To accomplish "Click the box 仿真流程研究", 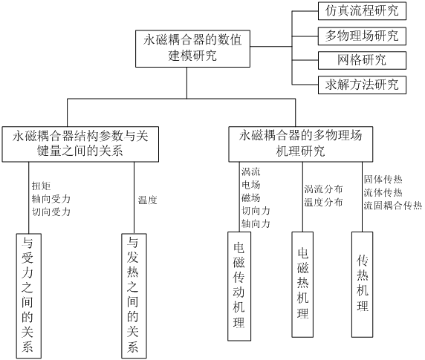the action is tap(362, 11).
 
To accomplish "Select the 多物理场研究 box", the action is tap(362, 36).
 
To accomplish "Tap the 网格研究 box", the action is tap(362, 60).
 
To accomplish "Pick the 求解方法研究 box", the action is tap(362, 85).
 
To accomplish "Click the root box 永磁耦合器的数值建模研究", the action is tap(192, 48).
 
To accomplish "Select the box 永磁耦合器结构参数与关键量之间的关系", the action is tap(80, 144).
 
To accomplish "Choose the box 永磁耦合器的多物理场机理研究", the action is tap(301, 144).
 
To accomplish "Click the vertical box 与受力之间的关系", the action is tap(29, 296).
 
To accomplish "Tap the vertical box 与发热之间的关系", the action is tap(134, 296).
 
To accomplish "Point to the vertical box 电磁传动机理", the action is tap(239, 286).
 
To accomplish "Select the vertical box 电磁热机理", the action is tap(302, 284).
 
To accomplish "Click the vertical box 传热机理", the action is tap(362, 284).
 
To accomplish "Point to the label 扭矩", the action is tap(41, 186).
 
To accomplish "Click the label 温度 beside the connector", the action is tap(147, 200).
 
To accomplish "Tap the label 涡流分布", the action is tap(323, 189).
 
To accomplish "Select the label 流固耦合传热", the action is tap(393, 206).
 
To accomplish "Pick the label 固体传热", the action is tap(383, 179).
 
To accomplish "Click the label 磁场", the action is tap(251, 197).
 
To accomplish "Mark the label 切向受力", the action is tap(51, 212).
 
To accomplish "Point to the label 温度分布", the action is tap(323, 202).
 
